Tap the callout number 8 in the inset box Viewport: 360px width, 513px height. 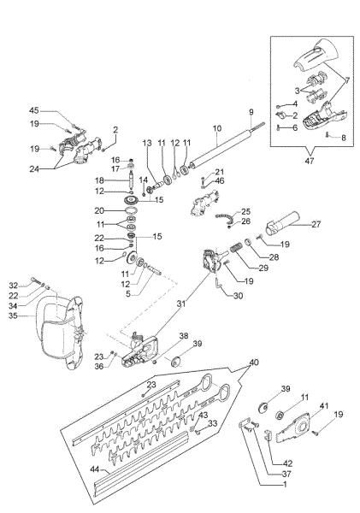click(x=343, y=137)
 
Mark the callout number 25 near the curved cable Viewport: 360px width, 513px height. click(x=245, y=210)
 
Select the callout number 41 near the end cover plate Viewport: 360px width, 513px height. click(x=323, y=404)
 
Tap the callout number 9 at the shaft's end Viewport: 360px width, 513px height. click(x=251, y=112)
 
